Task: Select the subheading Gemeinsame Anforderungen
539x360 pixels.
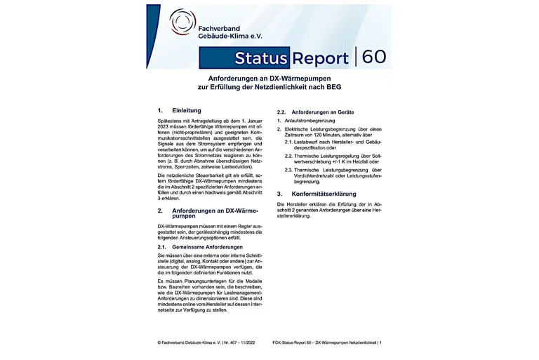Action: click(x=208, y=247)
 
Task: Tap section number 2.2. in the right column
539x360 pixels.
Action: click(x=283, y=112)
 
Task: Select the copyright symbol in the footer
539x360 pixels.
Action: click(x=159, y=342)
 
